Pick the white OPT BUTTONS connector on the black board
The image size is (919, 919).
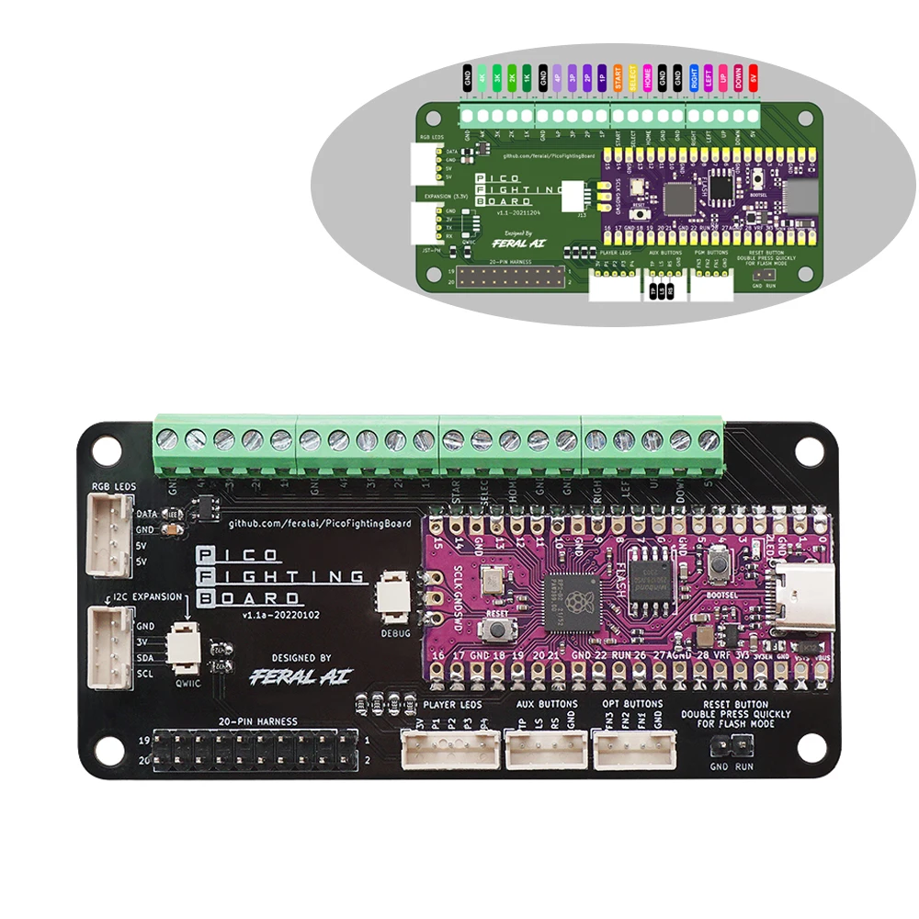pyautogui.click(x=634, y=748)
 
